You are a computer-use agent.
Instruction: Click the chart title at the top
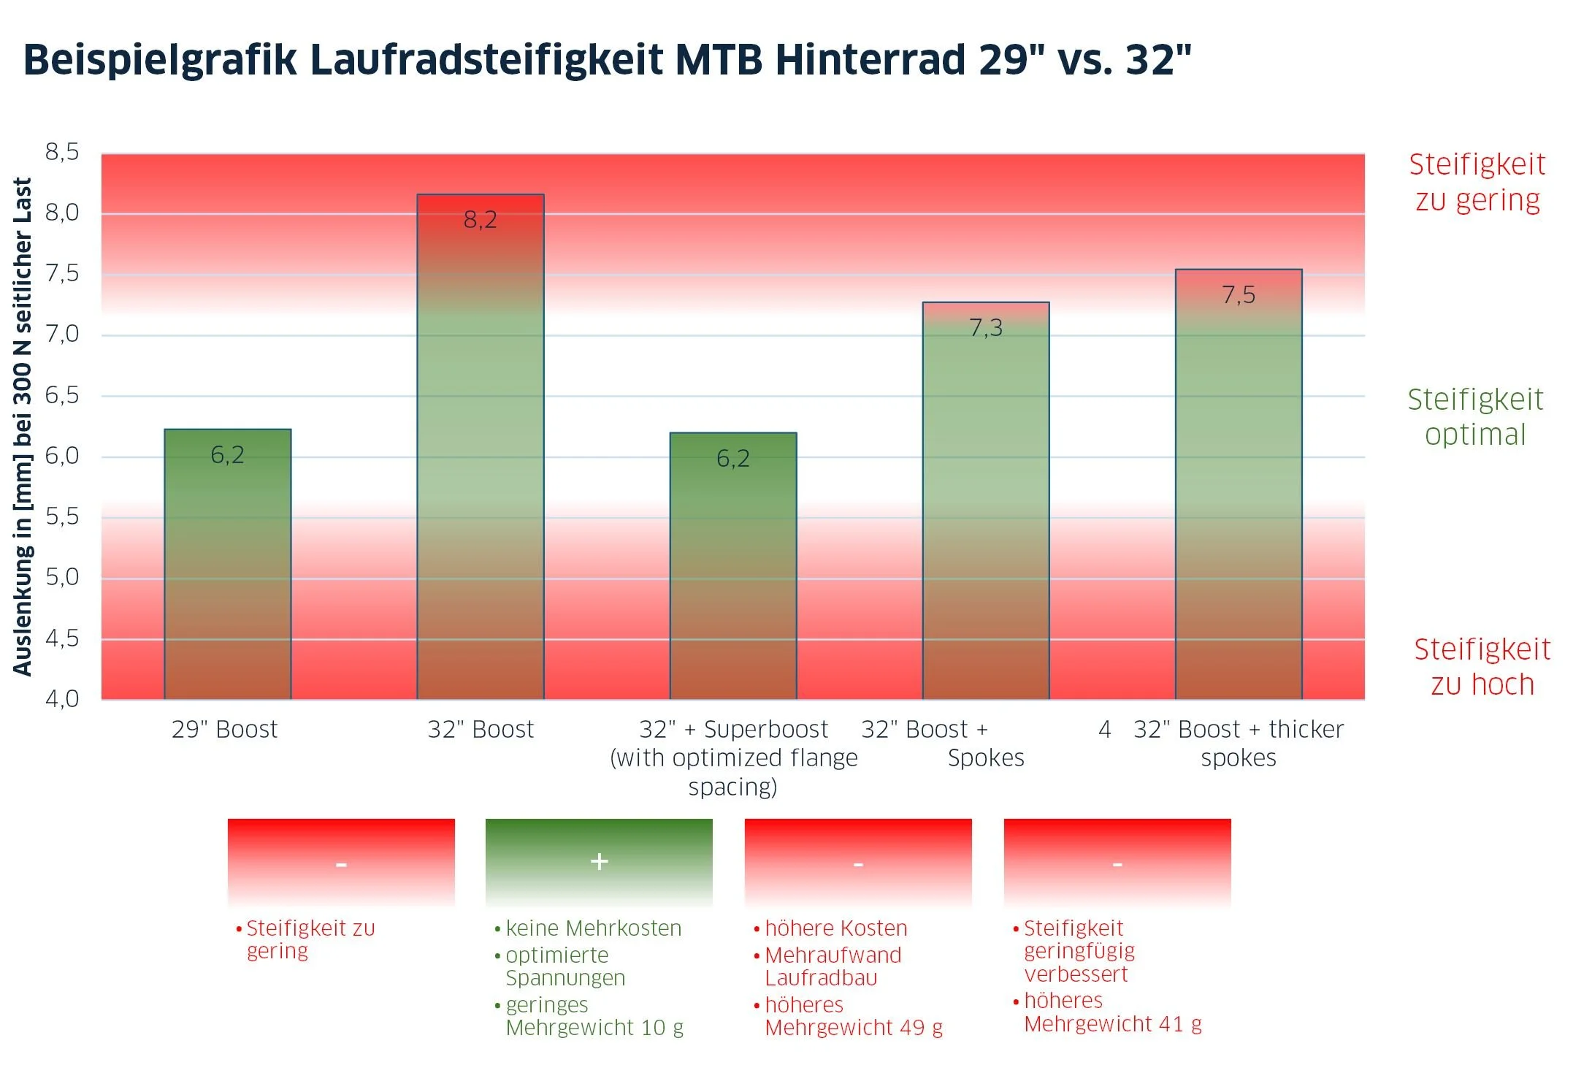point(608,59)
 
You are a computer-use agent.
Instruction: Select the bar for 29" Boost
point(228,564)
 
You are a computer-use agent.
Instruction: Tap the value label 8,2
point(481,219)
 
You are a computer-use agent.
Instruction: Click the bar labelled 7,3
point(986,500)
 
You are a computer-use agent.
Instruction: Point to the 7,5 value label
point(1239,295)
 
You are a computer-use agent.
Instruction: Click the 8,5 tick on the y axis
point(62,152)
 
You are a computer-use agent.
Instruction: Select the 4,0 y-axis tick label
point(62,699)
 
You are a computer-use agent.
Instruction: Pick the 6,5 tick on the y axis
point(62,395)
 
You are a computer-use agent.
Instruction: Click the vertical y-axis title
point(23,427)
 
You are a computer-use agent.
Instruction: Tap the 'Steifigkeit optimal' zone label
point(1476,416)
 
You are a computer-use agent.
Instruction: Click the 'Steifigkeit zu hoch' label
point(1482,666)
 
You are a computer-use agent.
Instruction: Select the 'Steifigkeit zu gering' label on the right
point(1477,182)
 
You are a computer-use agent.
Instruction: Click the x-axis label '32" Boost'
point(481,729)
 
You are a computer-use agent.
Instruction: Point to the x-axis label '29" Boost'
point(225,729)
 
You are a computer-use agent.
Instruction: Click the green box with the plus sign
point(599,863)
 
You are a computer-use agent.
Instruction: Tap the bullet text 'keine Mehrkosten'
point(593,928)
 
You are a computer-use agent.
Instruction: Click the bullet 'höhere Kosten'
point(836,928)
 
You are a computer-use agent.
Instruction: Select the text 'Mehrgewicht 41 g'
point(1113,1024)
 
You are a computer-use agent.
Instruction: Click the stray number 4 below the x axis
point(1105,729)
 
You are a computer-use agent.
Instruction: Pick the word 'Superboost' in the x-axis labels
point(766,729)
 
